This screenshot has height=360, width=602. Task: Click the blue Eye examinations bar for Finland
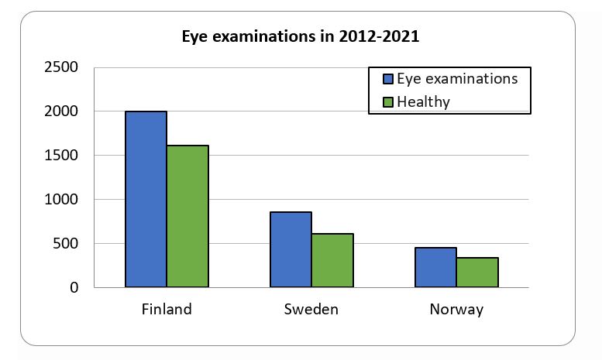tap(146, 199)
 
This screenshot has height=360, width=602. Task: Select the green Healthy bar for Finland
tap(187, 216)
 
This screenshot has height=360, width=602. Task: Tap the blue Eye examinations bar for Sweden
tap(291, 249)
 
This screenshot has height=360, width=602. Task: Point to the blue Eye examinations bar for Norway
tap(435, 267)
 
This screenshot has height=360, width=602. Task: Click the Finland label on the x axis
tap(167, 310)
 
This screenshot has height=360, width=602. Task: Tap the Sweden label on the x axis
tap(311, 310)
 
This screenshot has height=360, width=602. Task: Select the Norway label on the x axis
tap(456, 310)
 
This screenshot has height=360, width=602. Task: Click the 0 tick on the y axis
tap(74, 288)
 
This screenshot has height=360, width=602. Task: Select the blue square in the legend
tap(388, 79)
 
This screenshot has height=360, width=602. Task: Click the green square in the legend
tap(388, 101)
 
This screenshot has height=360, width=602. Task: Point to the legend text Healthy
tap(423, 101)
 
